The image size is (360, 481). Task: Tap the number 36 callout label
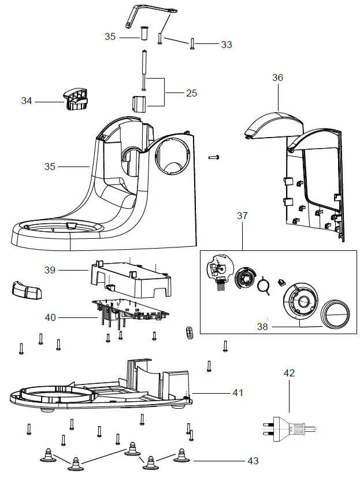[277, 77]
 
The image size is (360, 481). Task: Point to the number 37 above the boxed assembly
[242, 216]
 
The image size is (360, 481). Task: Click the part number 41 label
[237, 393]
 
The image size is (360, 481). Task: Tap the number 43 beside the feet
[253, 461]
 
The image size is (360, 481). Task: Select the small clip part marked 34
[76, 98]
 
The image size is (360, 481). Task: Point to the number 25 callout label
[192, 92]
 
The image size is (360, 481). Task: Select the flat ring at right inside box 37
[335, 314]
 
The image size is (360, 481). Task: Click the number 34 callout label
[27, 101]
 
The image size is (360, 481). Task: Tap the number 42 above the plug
[289, 373]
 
